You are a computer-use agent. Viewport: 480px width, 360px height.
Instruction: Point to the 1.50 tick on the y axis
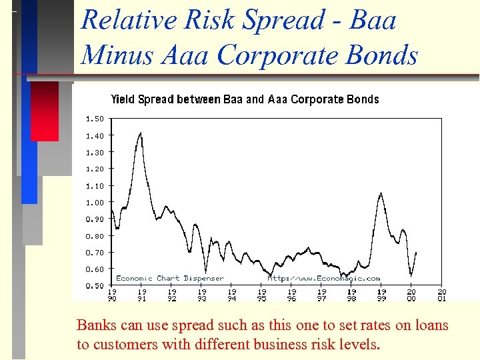pos(95,119)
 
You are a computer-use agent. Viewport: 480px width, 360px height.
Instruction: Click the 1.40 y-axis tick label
pos(95,135)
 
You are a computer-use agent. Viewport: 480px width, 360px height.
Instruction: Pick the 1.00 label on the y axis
pos(95,202)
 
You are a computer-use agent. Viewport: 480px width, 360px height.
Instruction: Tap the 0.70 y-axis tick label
pos(95,253)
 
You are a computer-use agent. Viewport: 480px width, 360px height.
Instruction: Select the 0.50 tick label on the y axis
pos(95,286)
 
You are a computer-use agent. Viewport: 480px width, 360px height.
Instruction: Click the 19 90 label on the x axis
pos(112,295)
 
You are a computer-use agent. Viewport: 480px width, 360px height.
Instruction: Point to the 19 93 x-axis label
pos(202,295)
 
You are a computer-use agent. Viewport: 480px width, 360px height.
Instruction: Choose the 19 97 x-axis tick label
pos(322,295)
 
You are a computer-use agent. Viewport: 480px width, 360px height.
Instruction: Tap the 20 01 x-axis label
pos(441,295)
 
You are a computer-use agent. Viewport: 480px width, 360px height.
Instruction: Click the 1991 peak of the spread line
pos(141,133)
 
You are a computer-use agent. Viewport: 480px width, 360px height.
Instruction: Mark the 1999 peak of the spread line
pos(381,193)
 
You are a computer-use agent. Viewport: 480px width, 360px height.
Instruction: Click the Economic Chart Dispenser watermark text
pos(170,278)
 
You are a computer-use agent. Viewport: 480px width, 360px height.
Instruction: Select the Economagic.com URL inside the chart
pos(324,278)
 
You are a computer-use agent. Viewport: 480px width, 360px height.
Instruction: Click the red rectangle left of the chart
pos(45,111)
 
